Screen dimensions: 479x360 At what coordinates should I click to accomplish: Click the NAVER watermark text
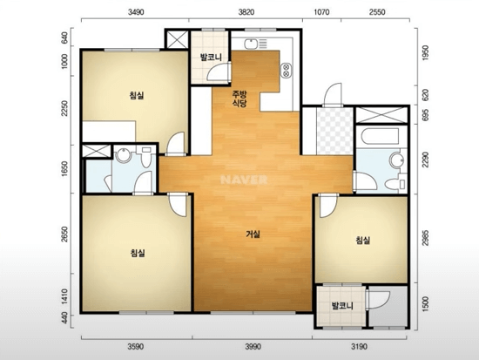pos(244,180)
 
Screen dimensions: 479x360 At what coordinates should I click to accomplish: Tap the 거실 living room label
pos(253,234)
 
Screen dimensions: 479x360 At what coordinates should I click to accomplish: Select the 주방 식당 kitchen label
pos(239,98)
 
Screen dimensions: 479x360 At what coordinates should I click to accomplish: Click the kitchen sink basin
pos(251,44)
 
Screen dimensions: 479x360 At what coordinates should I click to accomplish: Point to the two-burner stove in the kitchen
pos(287,70)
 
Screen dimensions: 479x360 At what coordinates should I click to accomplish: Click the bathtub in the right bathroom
pos(380,136)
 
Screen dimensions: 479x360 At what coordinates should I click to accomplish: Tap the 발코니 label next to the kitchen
pos(211,58)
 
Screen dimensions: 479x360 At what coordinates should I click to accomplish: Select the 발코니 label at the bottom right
pos(342,306)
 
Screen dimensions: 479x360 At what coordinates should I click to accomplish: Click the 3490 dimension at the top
pos(136,12)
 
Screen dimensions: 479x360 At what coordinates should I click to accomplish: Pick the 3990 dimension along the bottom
pos(253,347)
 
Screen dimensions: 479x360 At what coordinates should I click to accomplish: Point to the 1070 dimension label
pos(321,12)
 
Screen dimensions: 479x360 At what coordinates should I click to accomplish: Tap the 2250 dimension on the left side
pos(64,109)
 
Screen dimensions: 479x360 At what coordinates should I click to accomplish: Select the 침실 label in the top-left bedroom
pos(137,95)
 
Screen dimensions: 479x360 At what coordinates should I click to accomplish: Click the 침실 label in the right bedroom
pos(363,240)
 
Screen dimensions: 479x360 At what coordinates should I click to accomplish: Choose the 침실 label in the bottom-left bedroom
pos(138,253)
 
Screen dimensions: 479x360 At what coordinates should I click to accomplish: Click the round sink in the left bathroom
pos(124,155)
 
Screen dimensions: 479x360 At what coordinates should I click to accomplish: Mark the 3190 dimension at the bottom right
pos(359,347)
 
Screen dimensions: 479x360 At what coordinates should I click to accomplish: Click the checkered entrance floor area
pos(334,132)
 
